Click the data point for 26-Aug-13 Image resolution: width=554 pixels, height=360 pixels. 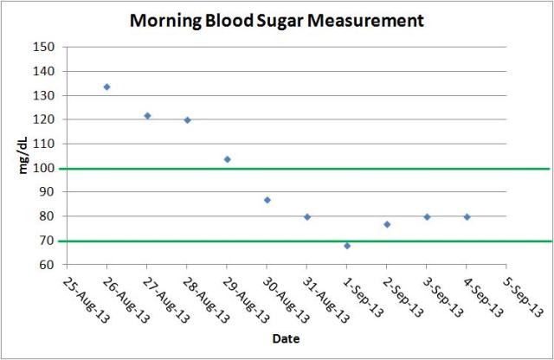[x=106, y=87]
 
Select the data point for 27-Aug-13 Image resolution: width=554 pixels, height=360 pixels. [x=147, y=115]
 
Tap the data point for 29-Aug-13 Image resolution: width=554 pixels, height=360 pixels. [x=227, y=159]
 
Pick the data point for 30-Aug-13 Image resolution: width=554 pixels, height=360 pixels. [x=267, y=200]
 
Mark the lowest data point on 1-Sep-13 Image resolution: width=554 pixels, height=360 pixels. [x=347, y=246]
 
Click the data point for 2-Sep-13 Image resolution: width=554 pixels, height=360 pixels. [x=387, y=224]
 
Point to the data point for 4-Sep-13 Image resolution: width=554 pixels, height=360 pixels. [x=467, y=216]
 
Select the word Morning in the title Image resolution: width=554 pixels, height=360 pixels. [x=165, y=20]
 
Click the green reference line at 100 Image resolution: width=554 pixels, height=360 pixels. [x=346, y=169]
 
